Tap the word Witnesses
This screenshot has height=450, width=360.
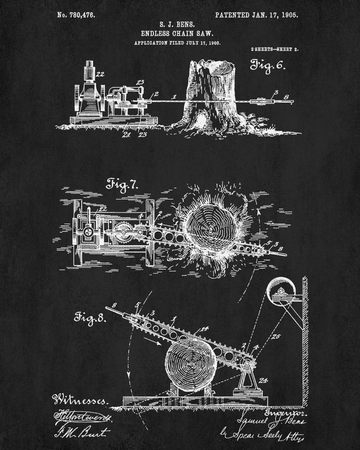click(80, 399)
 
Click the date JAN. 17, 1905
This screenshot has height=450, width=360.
click(274, 15)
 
